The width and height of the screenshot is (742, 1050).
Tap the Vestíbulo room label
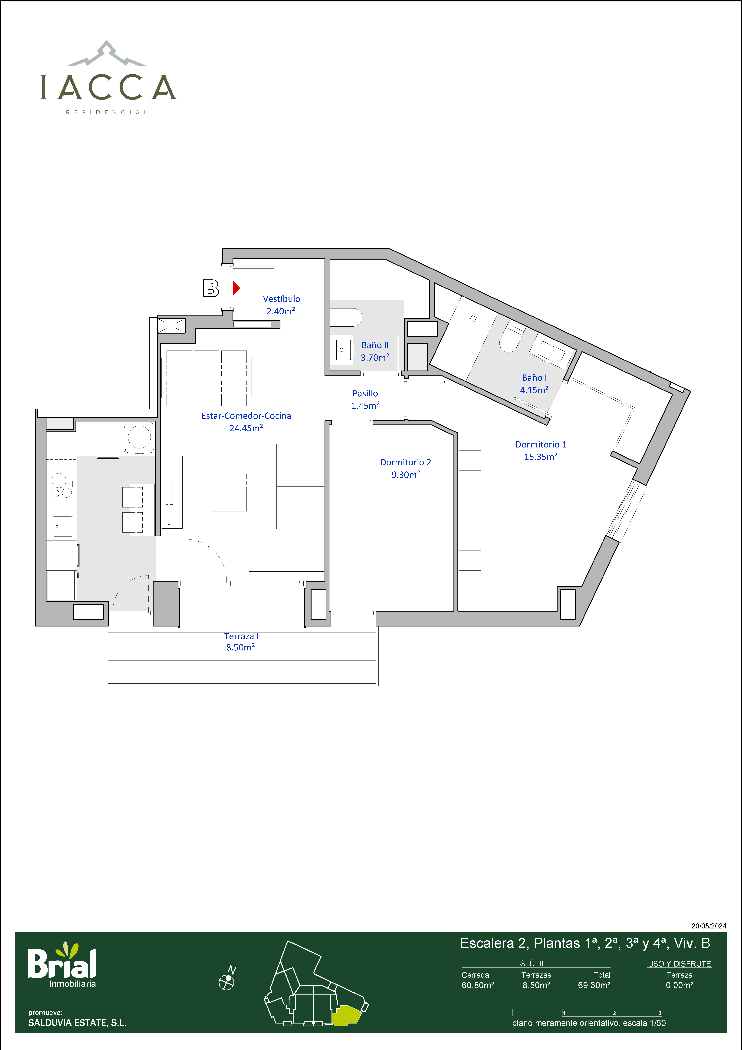pyautogui.click(x=281, y=299)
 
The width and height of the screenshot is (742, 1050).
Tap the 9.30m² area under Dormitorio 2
pyautogui.click(x=406, y=475)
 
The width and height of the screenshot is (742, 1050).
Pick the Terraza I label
pyautogui.click(x=241, y=636)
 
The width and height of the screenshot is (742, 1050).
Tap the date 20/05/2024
pyautogui.click(x=709, y=926)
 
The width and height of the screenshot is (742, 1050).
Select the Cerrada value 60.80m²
pyautogui.click(x=478, y=985)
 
